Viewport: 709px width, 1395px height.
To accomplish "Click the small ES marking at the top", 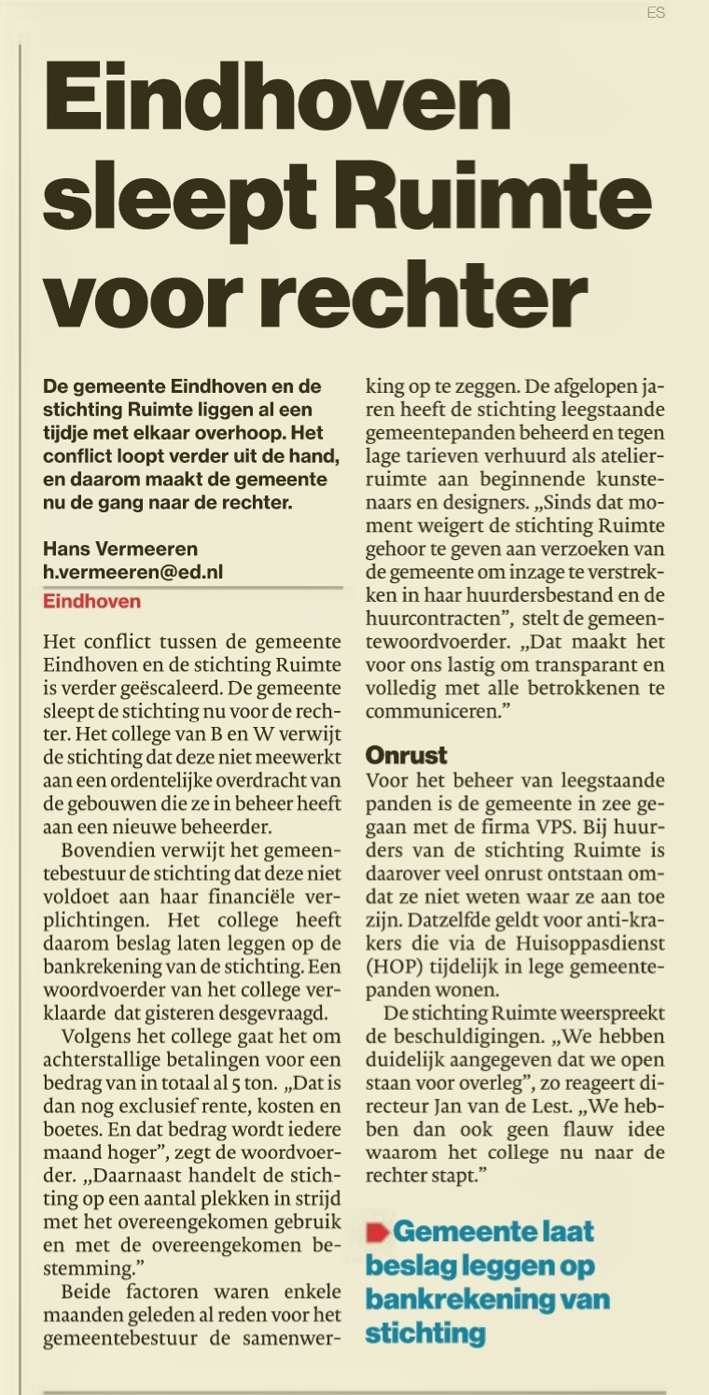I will tap(656, 13).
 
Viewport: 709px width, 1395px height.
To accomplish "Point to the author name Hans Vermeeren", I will tap(120, 549).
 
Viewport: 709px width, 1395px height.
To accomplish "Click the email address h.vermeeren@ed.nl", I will tap(133, 572).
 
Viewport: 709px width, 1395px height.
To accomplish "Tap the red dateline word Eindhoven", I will tap(92, 601).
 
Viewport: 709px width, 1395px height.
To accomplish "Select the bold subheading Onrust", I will tap(407, 755).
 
